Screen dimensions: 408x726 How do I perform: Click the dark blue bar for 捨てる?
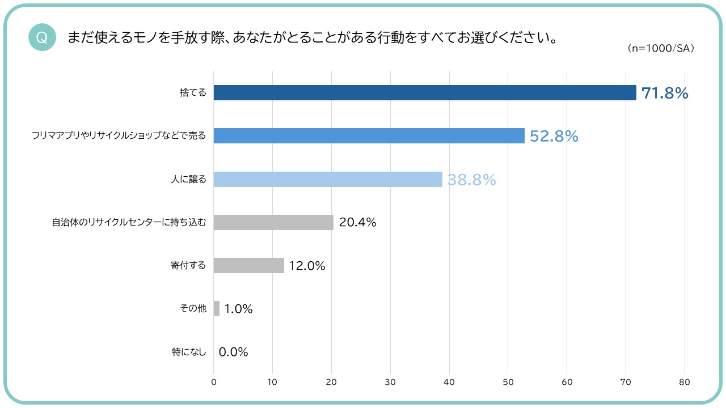coord(425,93)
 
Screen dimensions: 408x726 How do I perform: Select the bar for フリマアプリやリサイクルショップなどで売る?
coord(369,136)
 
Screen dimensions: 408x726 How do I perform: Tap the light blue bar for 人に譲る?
coord(328,179)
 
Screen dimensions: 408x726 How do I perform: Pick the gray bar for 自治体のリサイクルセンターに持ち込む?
coord(273,222)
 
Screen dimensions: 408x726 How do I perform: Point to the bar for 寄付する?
coord(248,265)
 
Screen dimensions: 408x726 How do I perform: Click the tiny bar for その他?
coord(217,308)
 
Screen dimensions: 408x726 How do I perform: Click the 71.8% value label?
coord(665,93)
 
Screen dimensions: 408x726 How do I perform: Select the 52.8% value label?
coord(554,137)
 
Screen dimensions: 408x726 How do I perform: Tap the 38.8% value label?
coord(471,180)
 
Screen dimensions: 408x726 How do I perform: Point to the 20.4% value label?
coord(357,223)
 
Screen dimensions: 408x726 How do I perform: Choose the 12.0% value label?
coord(307,266)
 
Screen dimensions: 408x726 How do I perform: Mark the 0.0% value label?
coord(233,352)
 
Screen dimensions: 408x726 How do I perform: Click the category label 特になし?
coord(189,352)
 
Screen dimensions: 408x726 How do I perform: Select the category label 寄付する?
coord(188,265)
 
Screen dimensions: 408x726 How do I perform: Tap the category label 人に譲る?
coord(188,179)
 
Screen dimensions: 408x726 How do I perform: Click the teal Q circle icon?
coord(42,37)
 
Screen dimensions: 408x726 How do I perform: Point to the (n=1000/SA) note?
coord(661,49)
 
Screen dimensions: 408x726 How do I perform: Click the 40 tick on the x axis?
coord(449,382)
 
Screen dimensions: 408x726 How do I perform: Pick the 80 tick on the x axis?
coord(685,382)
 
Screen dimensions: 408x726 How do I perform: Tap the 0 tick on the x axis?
coord(214,382)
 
